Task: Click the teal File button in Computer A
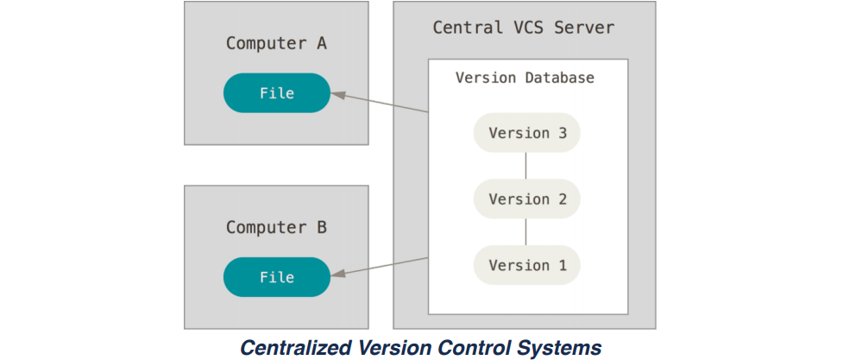(276, 93)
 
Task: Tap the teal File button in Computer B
(276, 277)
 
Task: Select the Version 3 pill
(526, 133)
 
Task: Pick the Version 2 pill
(526, 199)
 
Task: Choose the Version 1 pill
(526, 265)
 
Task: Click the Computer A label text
(276, 43)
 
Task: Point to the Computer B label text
(276, 228)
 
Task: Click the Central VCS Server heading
(523, 28)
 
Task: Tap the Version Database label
(525, 78)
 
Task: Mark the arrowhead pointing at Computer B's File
(337, 275)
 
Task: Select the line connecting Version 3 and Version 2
(526, 166)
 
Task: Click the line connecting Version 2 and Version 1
(526, 232)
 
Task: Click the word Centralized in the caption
(295, 348)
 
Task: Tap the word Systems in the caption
(566, 348)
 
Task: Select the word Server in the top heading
(586, 28)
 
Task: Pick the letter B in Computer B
(321, 228)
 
